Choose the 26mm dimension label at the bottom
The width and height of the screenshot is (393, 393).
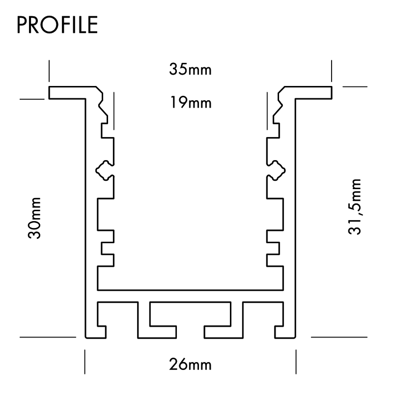190,365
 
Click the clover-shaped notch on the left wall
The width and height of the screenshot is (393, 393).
104,170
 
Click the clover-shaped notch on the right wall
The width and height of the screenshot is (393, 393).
277,170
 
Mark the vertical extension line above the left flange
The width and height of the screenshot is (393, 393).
49,71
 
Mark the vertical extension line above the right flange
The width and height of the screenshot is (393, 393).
332,71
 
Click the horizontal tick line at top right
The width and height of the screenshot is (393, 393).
355,86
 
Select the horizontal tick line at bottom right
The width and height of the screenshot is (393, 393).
339,337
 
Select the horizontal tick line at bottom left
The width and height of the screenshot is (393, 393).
48,337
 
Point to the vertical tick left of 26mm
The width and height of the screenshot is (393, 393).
85,362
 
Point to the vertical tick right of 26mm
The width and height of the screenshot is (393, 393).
296,362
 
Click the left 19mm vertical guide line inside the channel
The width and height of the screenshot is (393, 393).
113,111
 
